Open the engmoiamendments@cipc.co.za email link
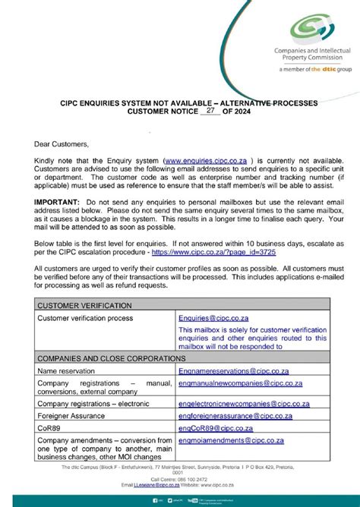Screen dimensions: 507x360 tap(231, 440)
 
